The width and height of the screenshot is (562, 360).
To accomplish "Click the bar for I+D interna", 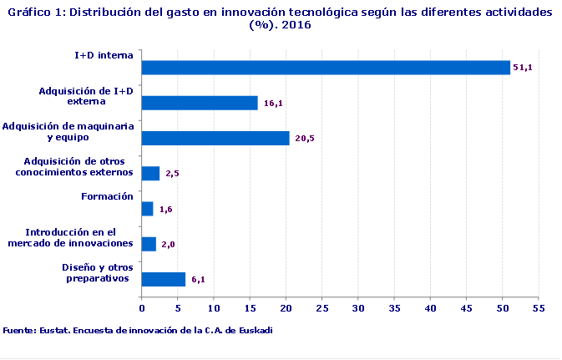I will coord(326,68).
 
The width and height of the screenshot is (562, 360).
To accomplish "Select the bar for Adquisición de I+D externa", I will coord(200,103).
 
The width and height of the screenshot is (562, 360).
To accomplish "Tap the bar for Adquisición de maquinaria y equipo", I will coord(215,138).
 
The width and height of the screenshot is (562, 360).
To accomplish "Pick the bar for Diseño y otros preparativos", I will coord(164,279).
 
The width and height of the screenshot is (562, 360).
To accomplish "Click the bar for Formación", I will coord(148,209).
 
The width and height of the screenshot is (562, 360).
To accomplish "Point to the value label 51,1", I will coord(523,68).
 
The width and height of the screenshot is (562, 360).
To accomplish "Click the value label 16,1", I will coord(273,104).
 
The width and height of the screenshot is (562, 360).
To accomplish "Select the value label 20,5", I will coord(305,139).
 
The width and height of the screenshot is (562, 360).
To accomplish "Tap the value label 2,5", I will coord(173,174).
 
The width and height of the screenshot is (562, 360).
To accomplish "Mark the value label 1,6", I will coord(165,210).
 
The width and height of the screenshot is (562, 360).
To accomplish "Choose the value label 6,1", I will coord(198,280).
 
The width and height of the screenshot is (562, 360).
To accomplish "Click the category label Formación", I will coord(107,196).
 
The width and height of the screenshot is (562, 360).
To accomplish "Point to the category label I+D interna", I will coord(104,55).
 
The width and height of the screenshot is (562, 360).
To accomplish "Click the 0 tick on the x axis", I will coord(142,307).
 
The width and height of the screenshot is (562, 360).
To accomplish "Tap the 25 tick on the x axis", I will coord(322,307).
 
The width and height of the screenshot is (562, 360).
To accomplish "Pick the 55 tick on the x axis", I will coord(539,307).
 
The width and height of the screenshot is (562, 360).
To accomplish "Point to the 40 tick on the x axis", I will coord(431,307).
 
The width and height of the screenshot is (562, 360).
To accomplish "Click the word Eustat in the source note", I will coord(54,330).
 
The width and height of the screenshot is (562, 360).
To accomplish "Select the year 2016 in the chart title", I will coord(296,25).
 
